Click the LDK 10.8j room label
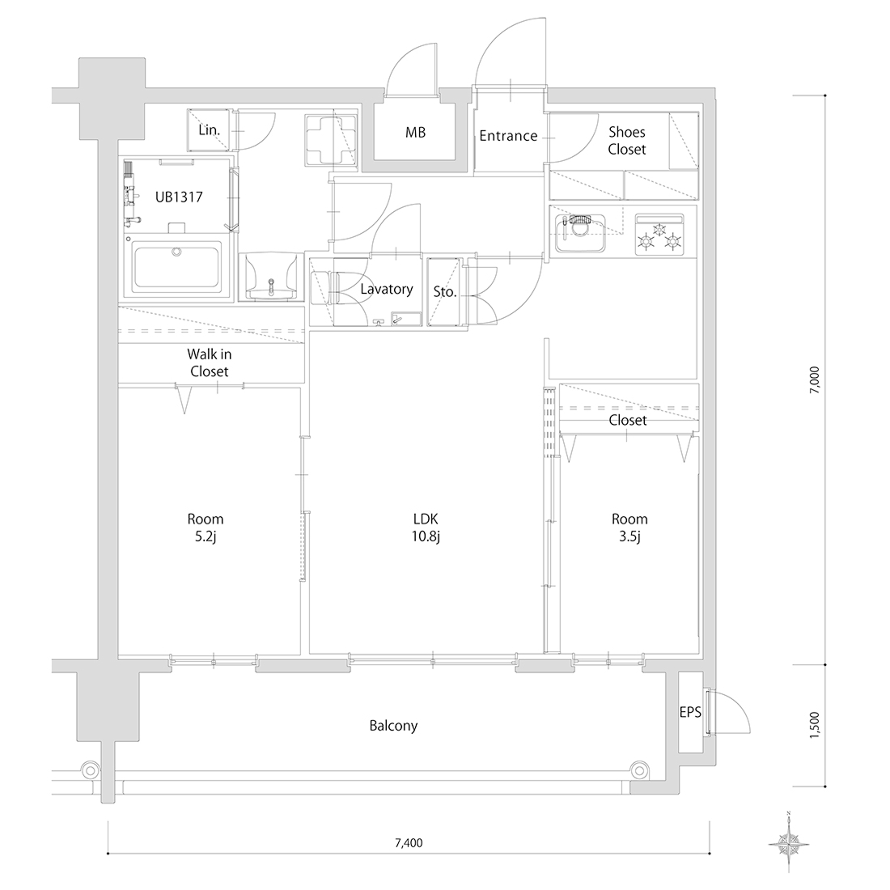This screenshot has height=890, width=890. coord(426,528)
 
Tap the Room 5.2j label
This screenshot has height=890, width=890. coord(206,528)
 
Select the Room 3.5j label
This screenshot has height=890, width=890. coord(629,528)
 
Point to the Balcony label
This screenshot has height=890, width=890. coord(393,726)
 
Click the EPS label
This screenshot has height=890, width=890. coord(690,712)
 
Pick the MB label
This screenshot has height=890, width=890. coord(416,133)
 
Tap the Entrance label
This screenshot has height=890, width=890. coord(508,136)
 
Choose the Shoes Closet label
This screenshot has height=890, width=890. coord(627,141)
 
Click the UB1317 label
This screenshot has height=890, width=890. coord(179,197)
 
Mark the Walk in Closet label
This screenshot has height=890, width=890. coord(210,362)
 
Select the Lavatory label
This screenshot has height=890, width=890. coord(387,289)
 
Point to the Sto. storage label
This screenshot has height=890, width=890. coord(445,292)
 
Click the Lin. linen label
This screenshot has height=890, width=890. coord(209,130)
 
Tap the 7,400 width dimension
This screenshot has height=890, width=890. coord(409,843)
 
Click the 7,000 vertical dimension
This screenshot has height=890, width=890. coord(815,379)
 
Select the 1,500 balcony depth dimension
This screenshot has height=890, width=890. coord(815,725)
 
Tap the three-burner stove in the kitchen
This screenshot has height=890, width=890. coord(659,235)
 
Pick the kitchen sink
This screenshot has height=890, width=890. coord(579,233)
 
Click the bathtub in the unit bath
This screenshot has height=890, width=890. coord(176,269)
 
